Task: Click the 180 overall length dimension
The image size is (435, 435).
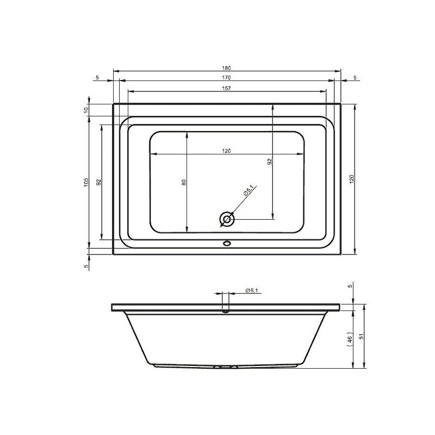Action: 227,68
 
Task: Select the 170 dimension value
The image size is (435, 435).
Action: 227,78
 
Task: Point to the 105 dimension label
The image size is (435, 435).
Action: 86,183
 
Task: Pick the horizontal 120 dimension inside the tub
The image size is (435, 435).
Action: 226,151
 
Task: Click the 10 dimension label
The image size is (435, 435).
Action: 86,110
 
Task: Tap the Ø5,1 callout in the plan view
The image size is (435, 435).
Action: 248,192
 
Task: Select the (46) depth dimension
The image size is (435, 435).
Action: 351,338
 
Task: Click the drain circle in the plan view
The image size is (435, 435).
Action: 227,220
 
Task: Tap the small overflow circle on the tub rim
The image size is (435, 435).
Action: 227,244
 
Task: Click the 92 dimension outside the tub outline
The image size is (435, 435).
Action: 98,182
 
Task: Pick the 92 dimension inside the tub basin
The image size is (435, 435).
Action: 269,161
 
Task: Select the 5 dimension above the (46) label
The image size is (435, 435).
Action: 351,286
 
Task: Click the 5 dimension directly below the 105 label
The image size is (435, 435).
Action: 86,265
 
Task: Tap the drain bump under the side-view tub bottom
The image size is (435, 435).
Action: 226,367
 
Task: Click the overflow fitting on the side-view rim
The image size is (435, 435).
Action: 226,309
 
